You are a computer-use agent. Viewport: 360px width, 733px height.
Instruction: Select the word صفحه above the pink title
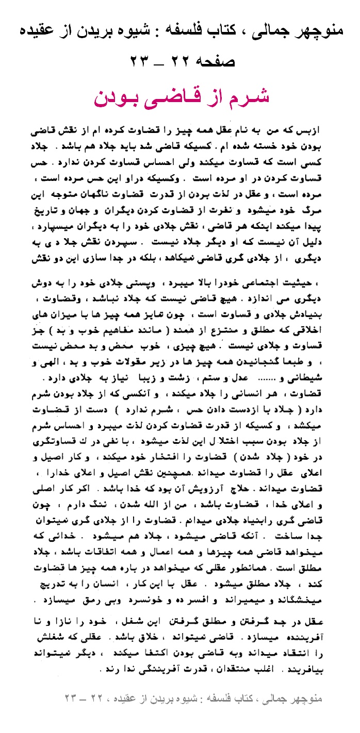[214, 60]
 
